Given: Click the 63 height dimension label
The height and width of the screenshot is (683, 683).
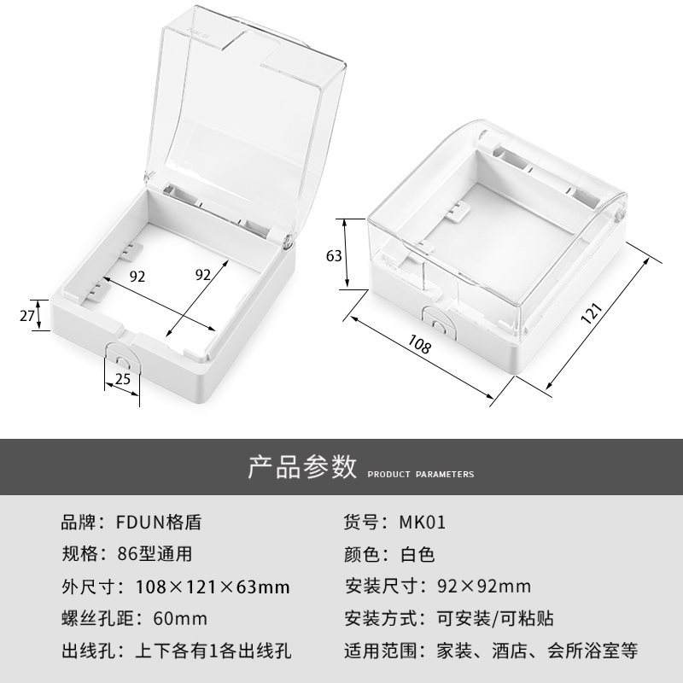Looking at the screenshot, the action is (x=334, y=254).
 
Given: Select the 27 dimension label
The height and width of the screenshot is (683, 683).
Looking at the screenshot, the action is (x=26, y=315).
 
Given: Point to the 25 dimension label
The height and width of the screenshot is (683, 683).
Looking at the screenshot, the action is (x=123, y=379).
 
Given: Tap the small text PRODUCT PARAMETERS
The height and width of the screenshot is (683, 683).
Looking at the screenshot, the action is (x=421, y=474).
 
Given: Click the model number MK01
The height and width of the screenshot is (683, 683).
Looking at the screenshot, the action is (x=423, y=522).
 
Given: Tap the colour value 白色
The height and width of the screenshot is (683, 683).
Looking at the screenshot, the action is (x=417, y=555).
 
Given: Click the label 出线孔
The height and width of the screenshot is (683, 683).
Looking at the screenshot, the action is (x=84, y=651).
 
